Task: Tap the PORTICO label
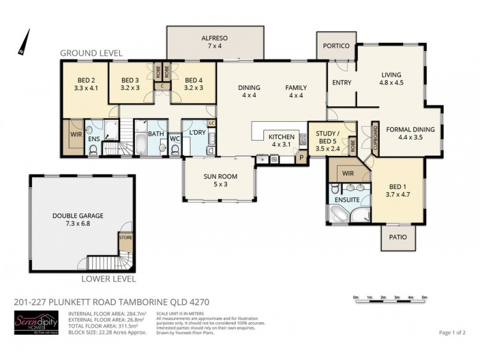click(336, 45)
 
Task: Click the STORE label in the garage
click(125, 237)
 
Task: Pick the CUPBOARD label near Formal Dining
click(375, 137)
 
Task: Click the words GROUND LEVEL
click(91, 53)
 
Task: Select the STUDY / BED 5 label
click(328, 136)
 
